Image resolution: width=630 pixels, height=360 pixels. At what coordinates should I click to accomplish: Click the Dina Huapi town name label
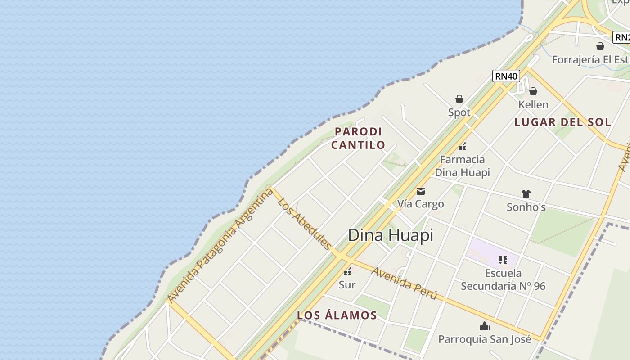[391, 235]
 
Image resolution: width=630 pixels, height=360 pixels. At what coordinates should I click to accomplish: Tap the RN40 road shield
[506, 76]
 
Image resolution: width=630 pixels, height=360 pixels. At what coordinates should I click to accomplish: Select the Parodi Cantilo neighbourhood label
[359, 138]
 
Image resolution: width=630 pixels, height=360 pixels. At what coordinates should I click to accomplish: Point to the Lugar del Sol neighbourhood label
[562, 122]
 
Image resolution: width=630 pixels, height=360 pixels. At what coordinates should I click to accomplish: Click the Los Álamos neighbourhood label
[337, 315]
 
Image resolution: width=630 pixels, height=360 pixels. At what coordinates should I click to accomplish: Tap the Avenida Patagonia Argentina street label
[220, 245]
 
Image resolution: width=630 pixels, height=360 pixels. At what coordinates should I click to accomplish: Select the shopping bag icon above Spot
[459, 99]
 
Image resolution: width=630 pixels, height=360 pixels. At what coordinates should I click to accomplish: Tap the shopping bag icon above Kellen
[533, 91]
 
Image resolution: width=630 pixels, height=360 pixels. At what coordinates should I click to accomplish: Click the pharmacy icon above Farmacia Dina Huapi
[462, 146]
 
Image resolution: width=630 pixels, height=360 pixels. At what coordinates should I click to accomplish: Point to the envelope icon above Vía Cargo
[421, 191]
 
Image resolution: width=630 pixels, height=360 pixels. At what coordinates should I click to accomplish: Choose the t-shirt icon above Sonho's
[526, 194]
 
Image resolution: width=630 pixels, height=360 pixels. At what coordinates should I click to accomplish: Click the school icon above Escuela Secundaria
[503, 260]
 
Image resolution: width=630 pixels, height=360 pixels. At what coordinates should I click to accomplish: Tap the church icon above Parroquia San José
[485, 326]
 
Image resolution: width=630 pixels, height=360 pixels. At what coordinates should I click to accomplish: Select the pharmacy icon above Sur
[347, 271]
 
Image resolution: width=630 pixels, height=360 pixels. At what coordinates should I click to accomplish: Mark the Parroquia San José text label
[485, 339]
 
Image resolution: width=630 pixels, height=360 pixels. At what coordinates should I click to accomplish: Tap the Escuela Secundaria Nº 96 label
[503, 279]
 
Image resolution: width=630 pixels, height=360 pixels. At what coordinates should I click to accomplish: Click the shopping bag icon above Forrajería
[600, 46]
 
